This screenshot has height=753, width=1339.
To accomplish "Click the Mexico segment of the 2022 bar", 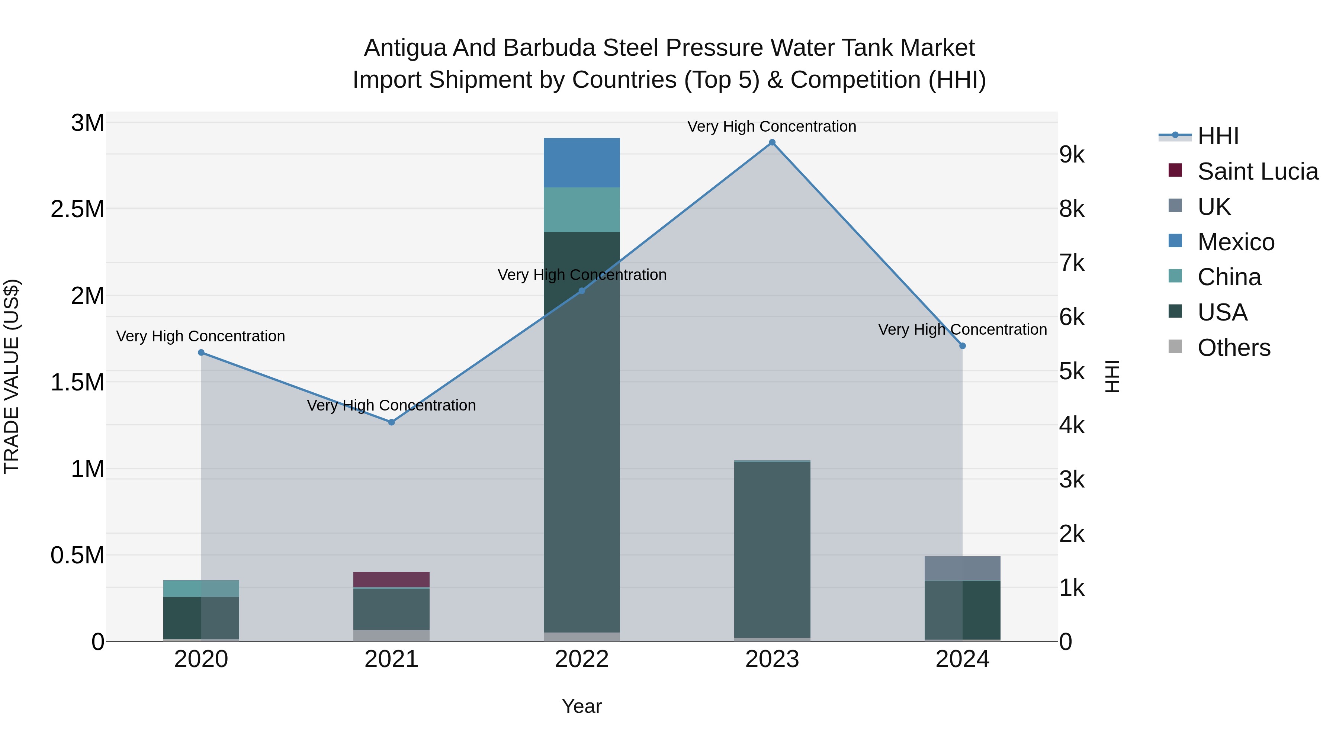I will [x=582, y=162].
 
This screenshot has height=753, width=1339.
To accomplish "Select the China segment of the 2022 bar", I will [x=582, y=209].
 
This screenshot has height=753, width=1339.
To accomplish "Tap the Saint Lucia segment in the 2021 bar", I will [x=391, y=579].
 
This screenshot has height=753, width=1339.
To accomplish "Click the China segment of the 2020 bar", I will [x=201, y=588].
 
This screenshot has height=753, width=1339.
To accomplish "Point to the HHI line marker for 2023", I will [x=772, y=142].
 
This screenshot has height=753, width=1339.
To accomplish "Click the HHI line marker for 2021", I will [x=391, y=422].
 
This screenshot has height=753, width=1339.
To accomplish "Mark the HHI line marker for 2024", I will [x=962, y=345].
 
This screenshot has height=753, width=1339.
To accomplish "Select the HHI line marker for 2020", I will [x=201, y=353].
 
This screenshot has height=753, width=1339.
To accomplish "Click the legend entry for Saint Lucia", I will [x=1258, y=171].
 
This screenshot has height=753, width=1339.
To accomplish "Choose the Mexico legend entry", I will [x=1236, y=242].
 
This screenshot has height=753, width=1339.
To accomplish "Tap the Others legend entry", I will [x=1233, y=348].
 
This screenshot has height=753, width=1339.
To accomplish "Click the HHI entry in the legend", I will [x=1218, y=136].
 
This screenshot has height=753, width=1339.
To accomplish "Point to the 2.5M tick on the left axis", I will [x=77, y=209].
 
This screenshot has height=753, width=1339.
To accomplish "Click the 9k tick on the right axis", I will [x=1072, y=155].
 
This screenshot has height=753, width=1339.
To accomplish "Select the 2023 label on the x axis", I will [x=772, y=659].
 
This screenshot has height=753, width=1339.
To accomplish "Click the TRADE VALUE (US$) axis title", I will [x=12, y=376].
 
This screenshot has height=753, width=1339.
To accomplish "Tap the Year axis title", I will [x=582, y=706].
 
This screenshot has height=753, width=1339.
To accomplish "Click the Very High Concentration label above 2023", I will [x=772, y=126].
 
